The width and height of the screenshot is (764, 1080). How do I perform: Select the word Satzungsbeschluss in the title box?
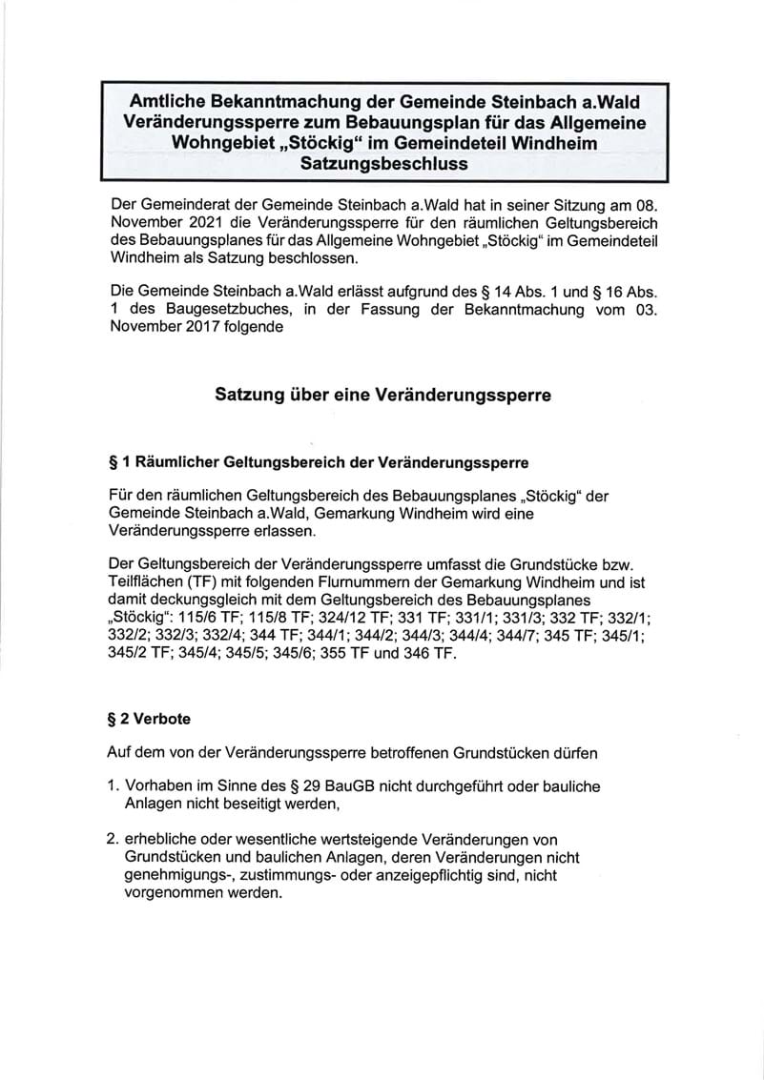click(x=383, y=163)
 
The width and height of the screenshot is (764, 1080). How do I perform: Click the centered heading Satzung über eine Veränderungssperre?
click(x=382, y=395)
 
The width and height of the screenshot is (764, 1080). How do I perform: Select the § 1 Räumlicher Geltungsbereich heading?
click(x=320, y=463)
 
